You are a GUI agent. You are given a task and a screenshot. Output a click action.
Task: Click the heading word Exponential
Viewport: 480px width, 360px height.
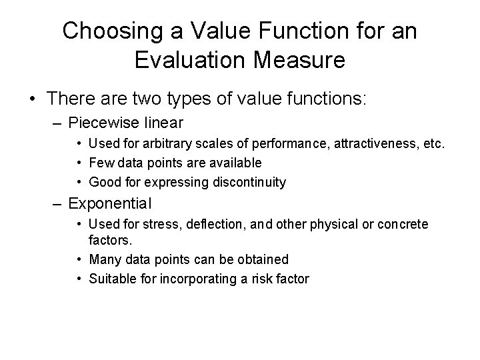pyautogui.click(x=111, y=203)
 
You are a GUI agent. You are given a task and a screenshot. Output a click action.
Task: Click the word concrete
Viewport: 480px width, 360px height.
pyautogui.click(x=402, y=225)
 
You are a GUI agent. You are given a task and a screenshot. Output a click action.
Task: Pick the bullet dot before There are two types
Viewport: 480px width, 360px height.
pyautogui.click(x=33, y=99)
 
